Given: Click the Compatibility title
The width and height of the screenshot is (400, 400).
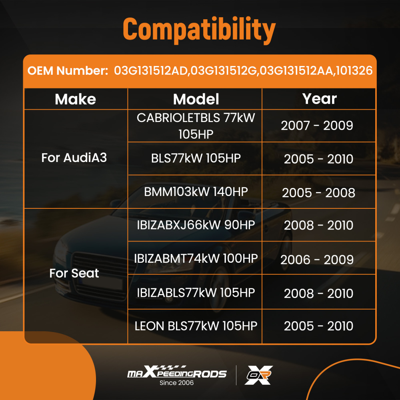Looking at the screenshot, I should point(199,29).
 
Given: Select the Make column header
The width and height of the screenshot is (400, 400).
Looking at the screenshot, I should point(75,99).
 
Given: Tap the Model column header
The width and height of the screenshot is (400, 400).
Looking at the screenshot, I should point(196,99).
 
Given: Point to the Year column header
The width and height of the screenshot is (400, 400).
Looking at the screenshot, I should point(319,99).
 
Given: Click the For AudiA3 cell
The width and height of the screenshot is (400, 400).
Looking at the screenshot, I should point(74,158).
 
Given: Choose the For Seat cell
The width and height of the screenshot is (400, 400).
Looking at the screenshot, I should point(74,274).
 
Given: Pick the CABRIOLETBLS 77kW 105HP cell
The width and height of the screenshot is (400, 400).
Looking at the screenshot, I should point(196,126).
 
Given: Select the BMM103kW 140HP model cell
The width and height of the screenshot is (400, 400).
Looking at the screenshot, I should point(196,192).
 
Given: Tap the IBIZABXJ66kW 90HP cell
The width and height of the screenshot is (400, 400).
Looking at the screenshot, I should point(196,225).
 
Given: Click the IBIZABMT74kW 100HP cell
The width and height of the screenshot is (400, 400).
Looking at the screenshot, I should point(196,258).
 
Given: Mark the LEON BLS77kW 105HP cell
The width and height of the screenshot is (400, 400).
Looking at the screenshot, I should point(196,326).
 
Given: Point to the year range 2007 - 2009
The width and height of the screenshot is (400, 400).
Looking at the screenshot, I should point(317,126).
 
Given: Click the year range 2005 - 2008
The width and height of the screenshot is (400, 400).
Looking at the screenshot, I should point(318,193).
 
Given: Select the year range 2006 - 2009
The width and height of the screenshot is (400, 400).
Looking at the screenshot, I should point(317,260).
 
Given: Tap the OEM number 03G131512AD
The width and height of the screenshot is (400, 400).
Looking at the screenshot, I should point(151,71).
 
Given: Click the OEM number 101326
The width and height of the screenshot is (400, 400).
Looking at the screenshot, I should point(354,71).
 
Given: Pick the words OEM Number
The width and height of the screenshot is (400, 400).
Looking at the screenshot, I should point(68,71).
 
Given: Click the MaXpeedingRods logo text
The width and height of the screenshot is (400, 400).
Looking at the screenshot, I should point(176,373).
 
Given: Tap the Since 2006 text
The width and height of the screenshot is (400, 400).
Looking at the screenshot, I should point(176,383).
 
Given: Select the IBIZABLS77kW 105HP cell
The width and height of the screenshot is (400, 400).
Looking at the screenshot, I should point(196,292).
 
